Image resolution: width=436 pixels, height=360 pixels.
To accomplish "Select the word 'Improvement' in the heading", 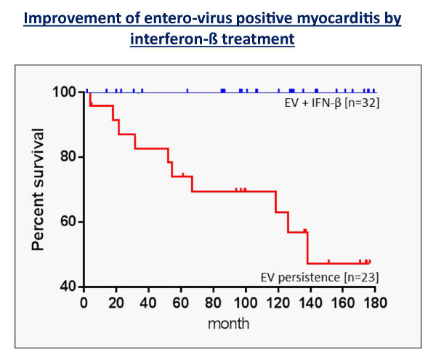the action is click(x=72, y=19).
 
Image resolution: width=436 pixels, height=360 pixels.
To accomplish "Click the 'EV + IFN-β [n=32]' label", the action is click(x=332, y=103).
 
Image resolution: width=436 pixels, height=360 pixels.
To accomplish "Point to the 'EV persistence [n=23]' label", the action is click(x=320, y=277).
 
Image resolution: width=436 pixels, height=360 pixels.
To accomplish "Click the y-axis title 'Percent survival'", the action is click(x=38, y=190).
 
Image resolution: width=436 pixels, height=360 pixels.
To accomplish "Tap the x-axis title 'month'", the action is click(x=228, y=324).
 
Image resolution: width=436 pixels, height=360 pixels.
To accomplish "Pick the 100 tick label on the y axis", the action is click(x=64, y=92).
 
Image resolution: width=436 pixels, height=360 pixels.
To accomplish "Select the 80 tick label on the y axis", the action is click(x=68, y=156).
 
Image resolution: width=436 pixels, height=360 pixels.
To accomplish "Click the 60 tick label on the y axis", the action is click(x=68, y=221).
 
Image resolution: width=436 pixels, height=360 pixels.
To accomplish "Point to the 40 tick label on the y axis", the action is click(x=68, y=287).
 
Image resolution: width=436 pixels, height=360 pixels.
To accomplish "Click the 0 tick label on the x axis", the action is click(x=84, y=303).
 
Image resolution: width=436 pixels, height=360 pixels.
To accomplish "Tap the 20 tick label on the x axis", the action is click(x=116, y=303).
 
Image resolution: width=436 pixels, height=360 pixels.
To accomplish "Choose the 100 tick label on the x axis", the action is click(x=246, y=303).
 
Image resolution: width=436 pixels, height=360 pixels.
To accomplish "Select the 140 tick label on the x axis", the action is click(x=310, y=303).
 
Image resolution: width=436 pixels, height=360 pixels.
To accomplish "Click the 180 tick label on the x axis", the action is click(x=376, y=303).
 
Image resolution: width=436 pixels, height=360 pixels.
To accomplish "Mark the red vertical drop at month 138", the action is click(x=308, y=248).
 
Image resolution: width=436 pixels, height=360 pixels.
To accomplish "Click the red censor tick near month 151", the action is click(x=328, y=262).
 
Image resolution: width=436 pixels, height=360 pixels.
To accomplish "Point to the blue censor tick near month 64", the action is click(x=187, y=91).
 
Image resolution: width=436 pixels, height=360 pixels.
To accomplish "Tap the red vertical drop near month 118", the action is click(x=275, y=201).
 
